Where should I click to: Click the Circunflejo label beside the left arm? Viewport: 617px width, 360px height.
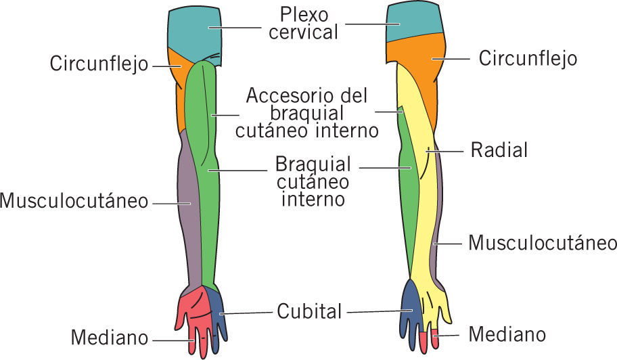[99, 64]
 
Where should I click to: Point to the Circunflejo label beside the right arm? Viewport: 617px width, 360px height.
[528, 58]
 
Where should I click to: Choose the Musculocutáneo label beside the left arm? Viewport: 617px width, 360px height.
[74, 201]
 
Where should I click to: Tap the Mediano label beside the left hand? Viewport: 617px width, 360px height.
[110, 336]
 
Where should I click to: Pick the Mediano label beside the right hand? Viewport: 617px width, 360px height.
[507, 334]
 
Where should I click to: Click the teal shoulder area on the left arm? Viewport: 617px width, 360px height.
[194, 30]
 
